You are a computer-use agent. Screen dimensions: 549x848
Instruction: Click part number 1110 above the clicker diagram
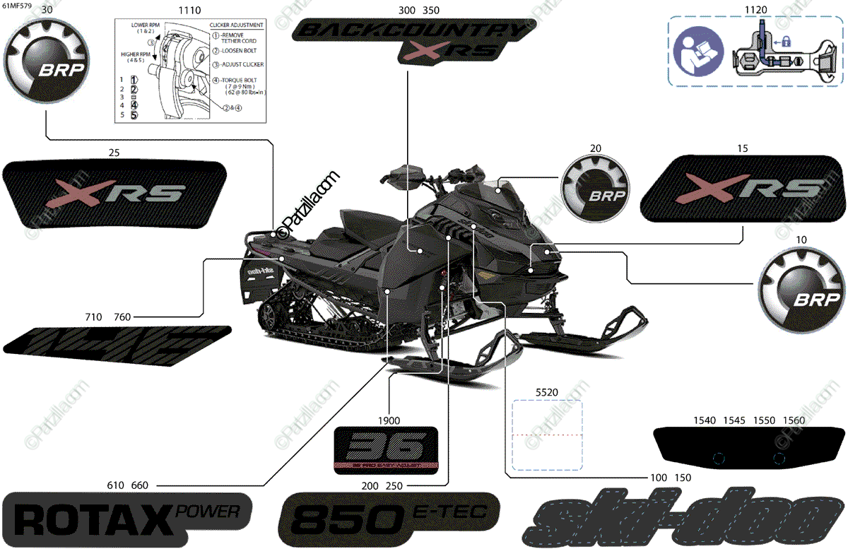[189, 11]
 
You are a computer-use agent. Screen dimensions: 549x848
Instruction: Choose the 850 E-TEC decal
[390, 519]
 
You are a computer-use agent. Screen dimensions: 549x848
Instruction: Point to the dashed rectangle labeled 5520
[547, 435]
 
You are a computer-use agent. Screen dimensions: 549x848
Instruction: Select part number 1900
[388, 420]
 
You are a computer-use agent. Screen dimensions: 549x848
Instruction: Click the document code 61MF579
[17, 6]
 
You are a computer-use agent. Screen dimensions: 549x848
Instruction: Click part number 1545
[734, 420]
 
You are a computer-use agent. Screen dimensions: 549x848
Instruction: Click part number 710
[93, 317]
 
